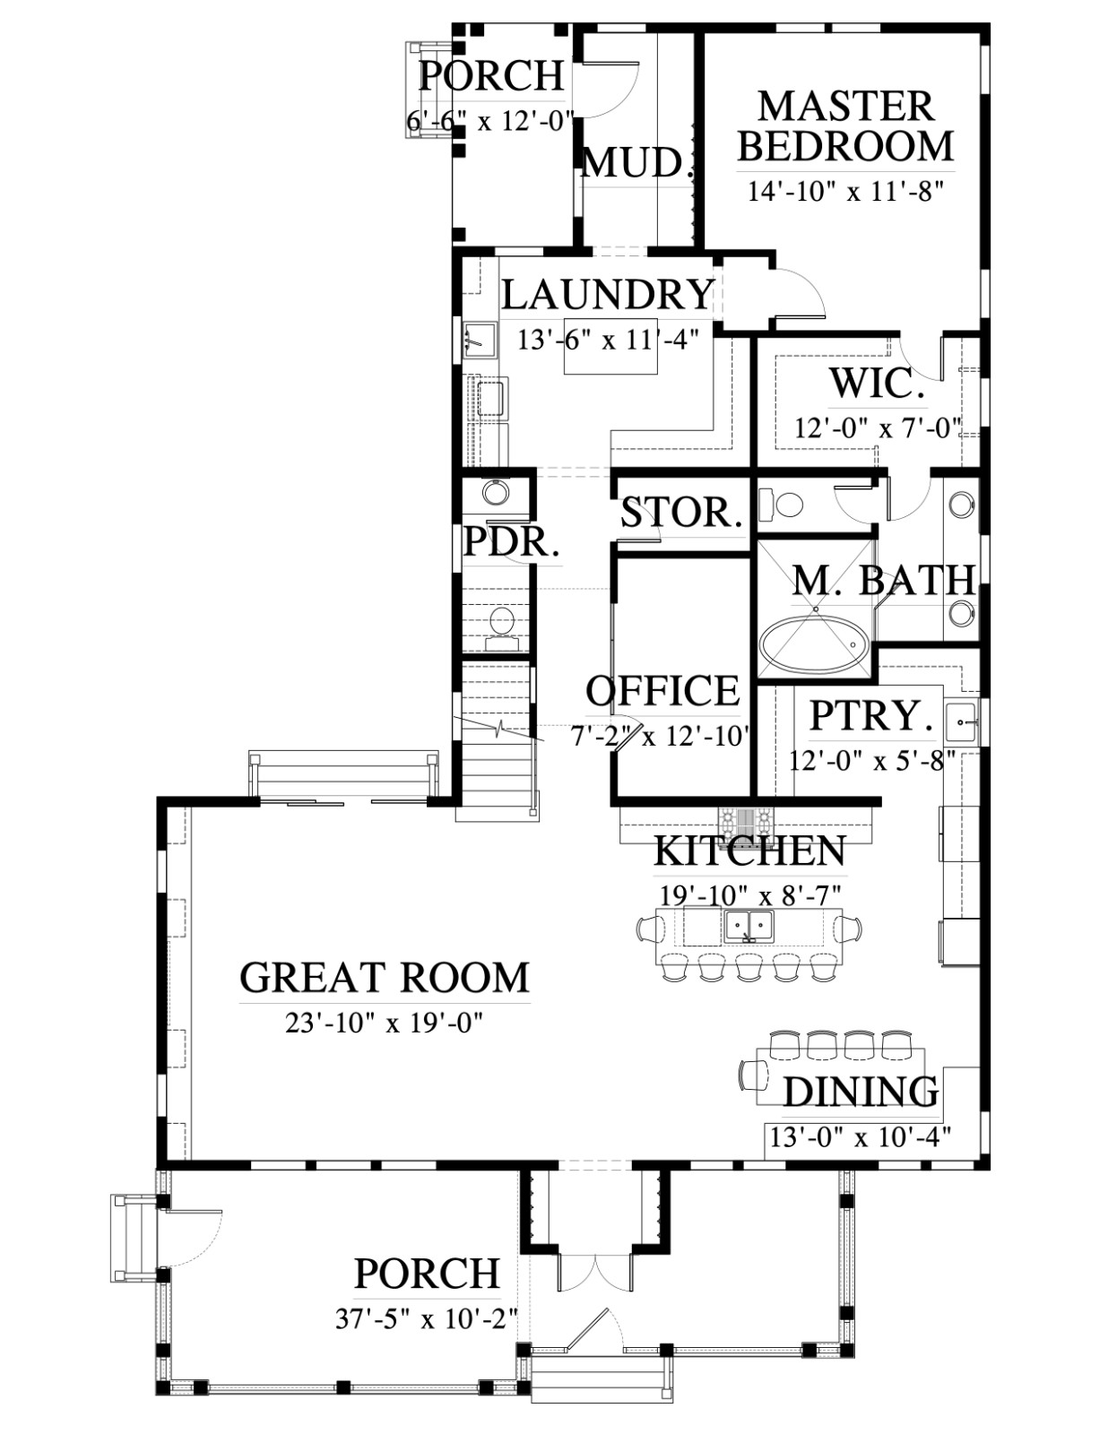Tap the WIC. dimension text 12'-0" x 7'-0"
coord(875,429)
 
